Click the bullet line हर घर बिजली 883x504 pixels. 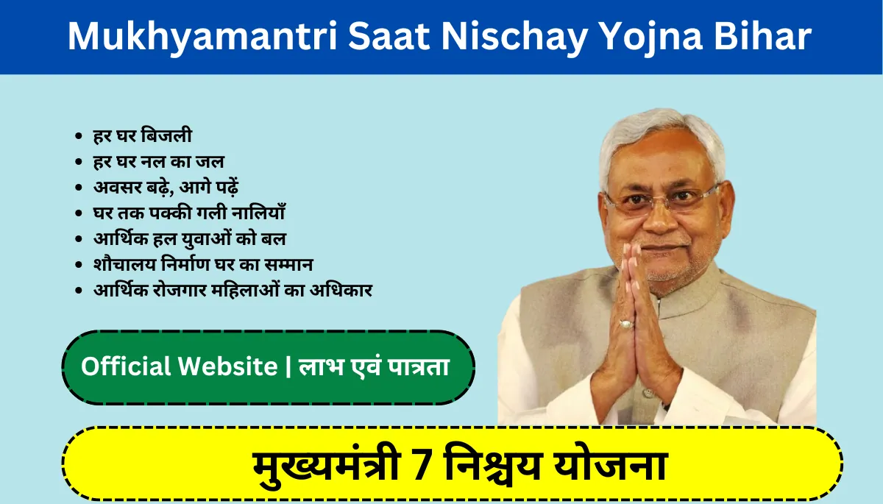(143, 135)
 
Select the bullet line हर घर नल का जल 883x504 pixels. (158, 162)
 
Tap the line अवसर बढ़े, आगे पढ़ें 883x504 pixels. (166, 188)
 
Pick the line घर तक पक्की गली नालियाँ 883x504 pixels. (189, 213)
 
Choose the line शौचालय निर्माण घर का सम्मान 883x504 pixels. (203, 264)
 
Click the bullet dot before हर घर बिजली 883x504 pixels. (79, 136)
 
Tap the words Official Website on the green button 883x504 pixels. (180, 366)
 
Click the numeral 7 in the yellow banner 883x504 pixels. (422, 465)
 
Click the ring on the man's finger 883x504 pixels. (626, 324)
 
